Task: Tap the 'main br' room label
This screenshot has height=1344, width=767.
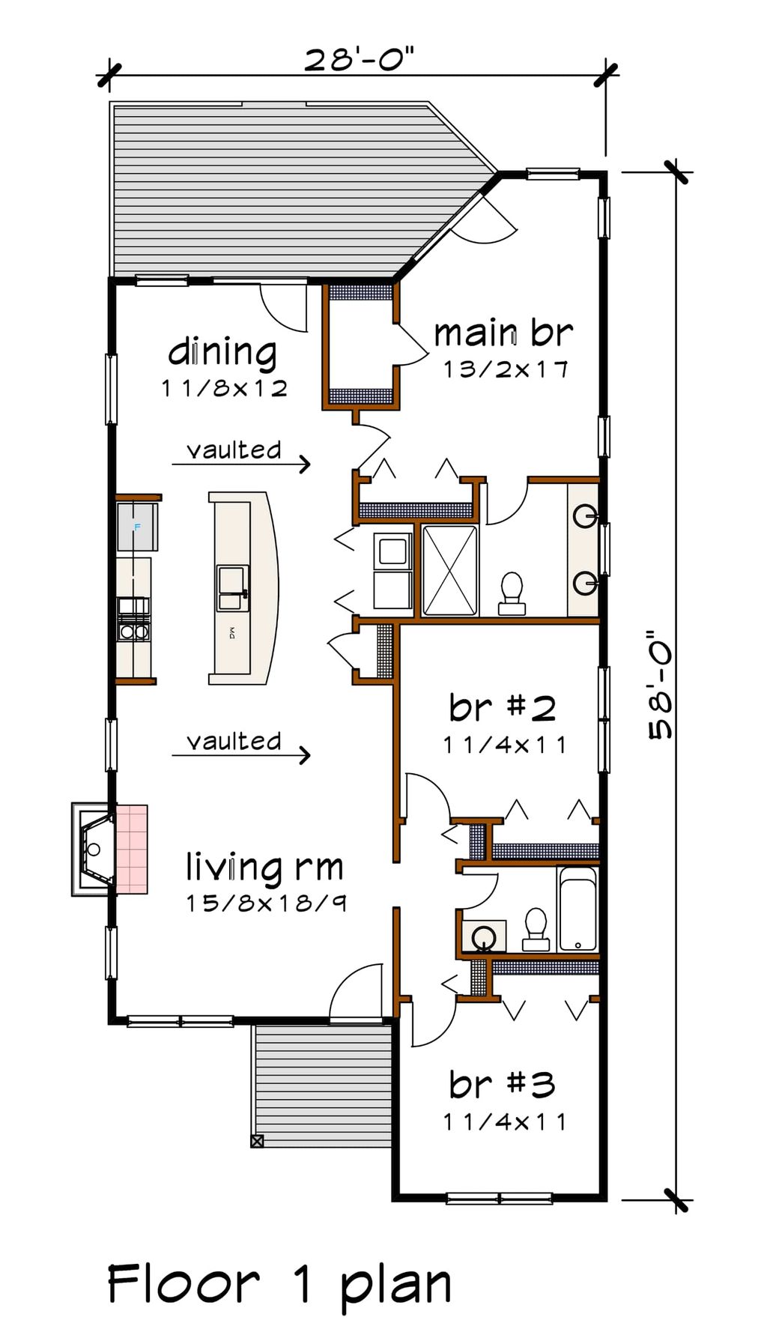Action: [x=503, y=333]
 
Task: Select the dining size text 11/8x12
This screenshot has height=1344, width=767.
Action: [x=224, y=388]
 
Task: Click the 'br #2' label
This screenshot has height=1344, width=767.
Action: [x=503, y=707]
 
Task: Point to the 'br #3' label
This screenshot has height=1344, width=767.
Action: [x=502, y=1084]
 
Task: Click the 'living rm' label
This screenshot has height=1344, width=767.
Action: [x=264, y=867]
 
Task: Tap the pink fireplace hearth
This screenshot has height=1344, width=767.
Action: [x=132, y=849]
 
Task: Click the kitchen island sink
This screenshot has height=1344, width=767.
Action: [x=231, y=588]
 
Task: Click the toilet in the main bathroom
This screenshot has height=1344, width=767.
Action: [x=512, y=590]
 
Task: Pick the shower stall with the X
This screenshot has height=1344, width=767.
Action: [x=449, y=571]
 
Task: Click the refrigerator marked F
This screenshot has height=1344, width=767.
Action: [x=136, y=527]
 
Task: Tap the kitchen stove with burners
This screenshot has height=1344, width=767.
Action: [x=134, y=620]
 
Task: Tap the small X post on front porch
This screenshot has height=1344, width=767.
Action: [x=257, y=1141]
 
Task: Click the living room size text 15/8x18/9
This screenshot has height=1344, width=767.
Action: [x=266, y=903]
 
